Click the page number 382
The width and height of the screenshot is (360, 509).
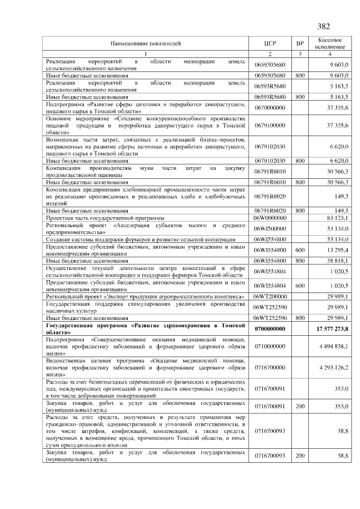pyautogui.click(x=323, y=26)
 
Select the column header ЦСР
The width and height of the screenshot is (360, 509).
pyautogui.click(x=270, y=43)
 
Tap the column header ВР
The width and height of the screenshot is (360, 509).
pyautogui.click(x=300, y=43)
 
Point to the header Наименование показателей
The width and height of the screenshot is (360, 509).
pyautogui.click(x=146, y=43)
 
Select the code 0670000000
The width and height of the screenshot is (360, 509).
pyautogui.click(x=270, y=107)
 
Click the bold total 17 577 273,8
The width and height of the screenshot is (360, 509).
pyautogui.click(x=332, y=328)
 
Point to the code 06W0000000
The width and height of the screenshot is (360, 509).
pyautogui.click(x=270, y=218)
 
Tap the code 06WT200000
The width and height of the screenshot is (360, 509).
pyautogui.click(x=270, y=296)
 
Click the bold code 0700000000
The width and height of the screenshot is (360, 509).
pyautogui.click(x=270, y=328)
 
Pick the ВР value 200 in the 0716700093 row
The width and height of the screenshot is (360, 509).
pyautogui.click(x=300, y=455)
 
